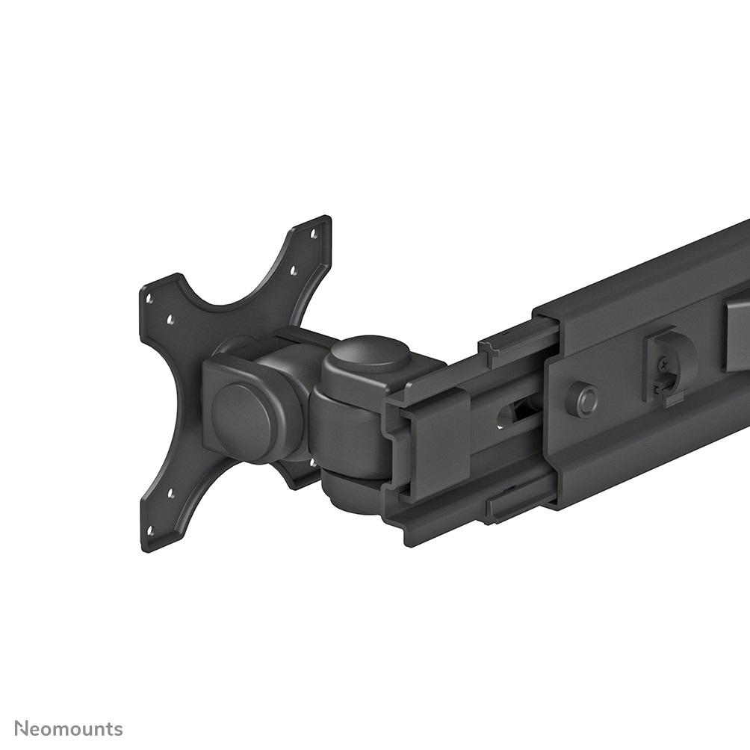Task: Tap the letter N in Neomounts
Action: click(22, 728)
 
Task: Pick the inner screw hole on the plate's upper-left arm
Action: click(171, 319)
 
